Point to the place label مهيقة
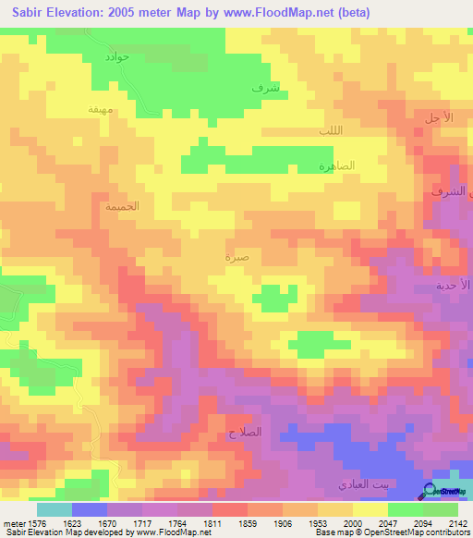tap(100, 109)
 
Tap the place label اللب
tap(330, 130)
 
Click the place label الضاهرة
tap(337, 166)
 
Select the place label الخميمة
tap(122, 206)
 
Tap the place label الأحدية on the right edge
tap(454, 286)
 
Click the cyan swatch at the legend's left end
tap(55, 509)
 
